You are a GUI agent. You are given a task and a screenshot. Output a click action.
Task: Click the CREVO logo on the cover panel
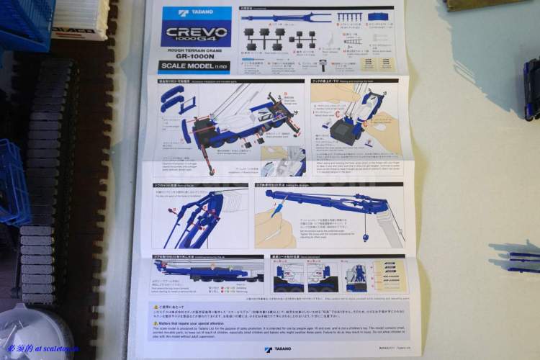pyautogui.click(x=196, y=34)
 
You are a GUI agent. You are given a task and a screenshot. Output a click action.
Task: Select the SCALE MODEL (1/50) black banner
pyautogui.click(x=194, y=68)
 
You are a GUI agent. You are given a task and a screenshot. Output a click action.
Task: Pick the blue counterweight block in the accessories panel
pyautogui.click(x=379, y=16)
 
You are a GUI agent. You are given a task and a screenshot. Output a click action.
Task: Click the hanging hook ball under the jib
pyautogui.click(x=366, y=237)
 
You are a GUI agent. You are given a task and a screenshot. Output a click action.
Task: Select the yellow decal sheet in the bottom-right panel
pyautogui.click(x=391, y=276)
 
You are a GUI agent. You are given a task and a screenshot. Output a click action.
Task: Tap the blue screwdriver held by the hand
pyautogui.click(x=276, y=211)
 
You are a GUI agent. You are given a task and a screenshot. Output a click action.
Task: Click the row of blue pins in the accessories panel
pyautogui.click(x=350, y=17)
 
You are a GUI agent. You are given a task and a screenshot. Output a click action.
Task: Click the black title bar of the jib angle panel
pyautogui.click(x=328, y=184)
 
